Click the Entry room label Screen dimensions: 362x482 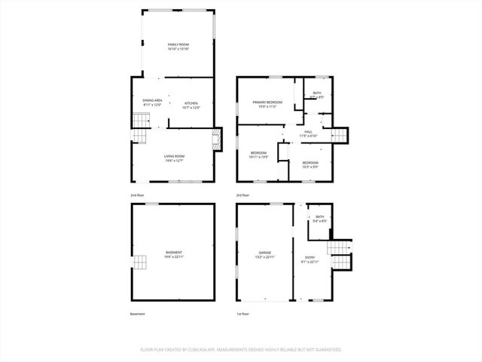(310, 259)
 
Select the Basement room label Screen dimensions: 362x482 (174, 254)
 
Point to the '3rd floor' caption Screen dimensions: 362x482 (243, 195)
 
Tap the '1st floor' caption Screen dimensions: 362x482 (243, 314)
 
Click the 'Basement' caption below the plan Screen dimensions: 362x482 (137, 314)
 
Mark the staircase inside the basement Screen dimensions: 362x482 (140, 262)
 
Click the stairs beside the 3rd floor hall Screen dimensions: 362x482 (341, 135)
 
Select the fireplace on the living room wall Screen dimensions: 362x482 (217, 140)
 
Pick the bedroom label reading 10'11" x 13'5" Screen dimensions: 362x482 (259, 155)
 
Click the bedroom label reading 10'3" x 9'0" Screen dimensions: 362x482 (310, 165)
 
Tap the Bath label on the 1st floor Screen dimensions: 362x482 (320, 219)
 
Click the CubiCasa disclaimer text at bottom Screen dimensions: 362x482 (241, 350)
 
